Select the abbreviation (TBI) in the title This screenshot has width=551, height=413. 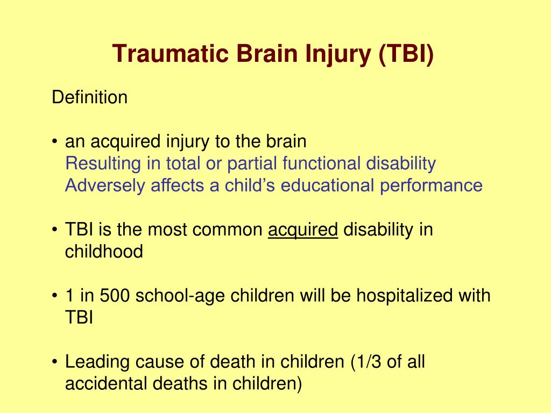[x=406, y=54]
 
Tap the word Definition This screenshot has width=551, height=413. [x=90, y=97]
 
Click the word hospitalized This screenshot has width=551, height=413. [x=404, y=295]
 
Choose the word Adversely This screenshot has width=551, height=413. [x=105, y=186]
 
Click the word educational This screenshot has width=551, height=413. [x=327, y=185]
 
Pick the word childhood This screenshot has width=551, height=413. [x=104, y=252]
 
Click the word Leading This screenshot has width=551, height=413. [x=97, y=362]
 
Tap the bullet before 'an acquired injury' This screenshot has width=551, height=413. [x=54, y=142]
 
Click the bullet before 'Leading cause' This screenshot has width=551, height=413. [x=54, y=362]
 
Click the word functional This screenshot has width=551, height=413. [x=321, y=163]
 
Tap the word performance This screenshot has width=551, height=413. [x=431, y=186]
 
